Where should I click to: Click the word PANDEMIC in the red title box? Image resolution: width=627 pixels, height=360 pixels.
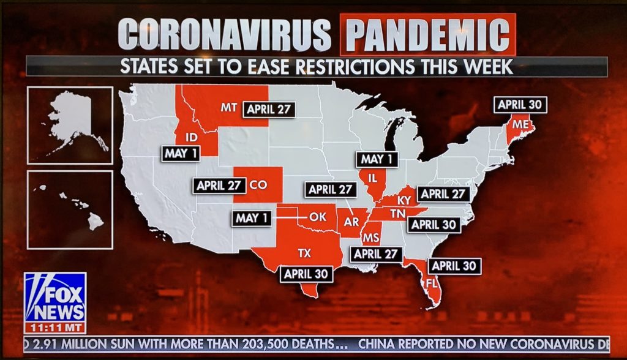point(428,35)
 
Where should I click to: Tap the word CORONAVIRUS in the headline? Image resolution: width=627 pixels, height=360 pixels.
point(225,35)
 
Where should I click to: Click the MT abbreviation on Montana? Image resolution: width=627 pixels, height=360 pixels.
point(229,108)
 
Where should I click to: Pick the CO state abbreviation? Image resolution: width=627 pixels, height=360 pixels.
point(258,185)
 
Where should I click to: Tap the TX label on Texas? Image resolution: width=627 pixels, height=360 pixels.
point(304,252)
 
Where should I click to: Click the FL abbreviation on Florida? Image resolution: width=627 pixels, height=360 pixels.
point(431,283)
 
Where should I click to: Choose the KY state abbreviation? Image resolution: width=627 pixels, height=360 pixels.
point(404,200)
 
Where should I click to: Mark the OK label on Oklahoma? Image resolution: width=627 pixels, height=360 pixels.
point(318,216)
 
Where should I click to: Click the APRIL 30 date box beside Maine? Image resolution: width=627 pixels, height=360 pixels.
point(520,105)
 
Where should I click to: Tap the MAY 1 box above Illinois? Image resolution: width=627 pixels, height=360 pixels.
point(377,160)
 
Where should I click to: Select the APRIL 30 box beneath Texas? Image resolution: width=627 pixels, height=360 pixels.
point(306,274)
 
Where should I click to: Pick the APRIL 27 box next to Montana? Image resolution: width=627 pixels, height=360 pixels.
point(269,110)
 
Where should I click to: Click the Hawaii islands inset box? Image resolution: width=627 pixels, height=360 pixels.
point(70,209)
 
